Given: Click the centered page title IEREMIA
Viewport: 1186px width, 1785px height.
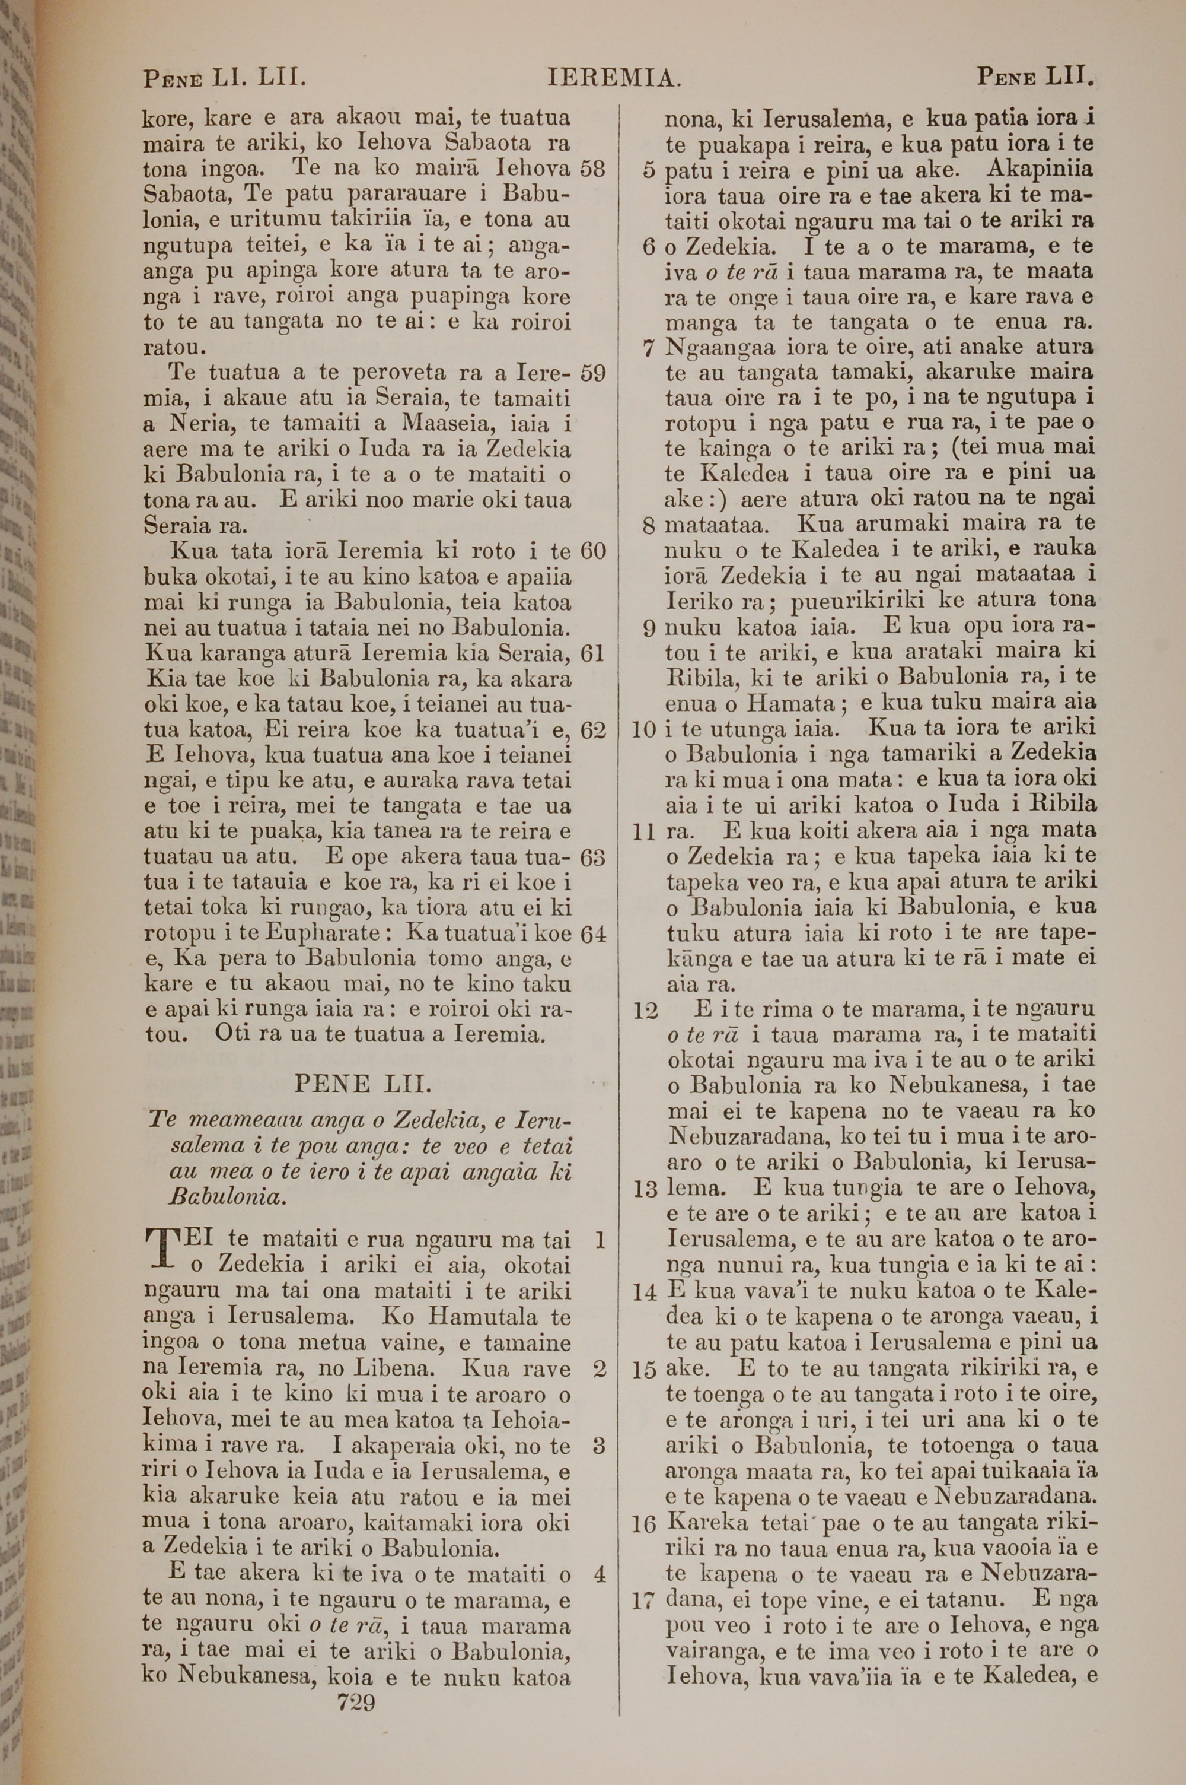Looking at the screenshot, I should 615,78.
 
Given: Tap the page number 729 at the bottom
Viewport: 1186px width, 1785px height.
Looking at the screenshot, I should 356,1703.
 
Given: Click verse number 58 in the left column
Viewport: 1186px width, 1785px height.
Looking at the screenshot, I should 592,168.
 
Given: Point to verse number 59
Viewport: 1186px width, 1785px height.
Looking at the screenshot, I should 592,373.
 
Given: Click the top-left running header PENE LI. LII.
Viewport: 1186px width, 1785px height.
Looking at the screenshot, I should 224,78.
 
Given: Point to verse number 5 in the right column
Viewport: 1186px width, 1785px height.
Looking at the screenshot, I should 648,170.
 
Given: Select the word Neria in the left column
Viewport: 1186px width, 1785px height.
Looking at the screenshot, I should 200,424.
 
